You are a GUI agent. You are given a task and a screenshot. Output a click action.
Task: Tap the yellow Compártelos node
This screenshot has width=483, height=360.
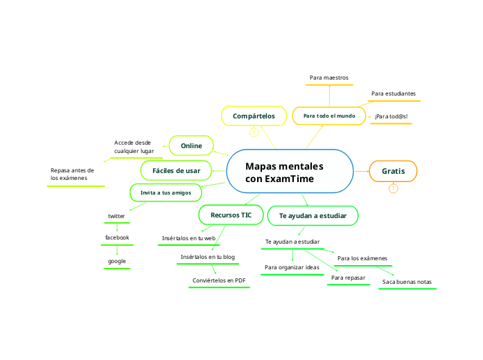click(254, 116)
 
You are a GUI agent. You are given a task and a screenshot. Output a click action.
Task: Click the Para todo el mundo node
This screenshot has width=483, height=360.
click(329, 116)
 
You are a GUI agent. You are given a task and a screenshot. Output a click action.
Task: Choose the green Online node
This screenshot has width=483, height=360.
click(191, 145)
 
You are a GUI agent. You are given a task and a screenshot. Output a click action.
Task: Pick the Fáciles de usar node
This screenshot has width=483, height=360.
click(176, 170)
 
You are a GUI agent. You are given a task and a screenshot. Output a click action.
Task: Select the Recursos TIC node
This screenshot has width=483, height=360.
click(231, 215)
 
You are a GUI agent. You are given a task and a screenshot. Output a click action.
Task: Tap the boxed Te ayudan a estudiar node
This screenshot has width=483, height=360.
click(313, 216)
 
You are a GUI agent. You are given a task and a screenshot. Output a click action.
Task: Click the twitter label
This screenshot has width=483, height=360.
click(116, 217)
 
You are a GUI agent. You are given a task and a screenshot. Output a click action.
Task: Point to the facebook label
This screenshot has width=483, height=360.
click(117, 237)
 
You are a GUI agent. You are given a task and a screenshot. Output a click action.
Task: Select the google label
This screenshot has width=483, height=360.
click(116, 261)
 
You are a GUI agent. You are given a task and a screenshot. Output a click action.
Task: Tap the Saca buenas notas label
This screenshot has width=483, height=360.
click(407, 282)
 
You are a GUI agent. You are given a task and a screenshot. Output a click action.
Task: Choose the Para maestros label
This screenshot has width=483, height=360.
click(329, 78)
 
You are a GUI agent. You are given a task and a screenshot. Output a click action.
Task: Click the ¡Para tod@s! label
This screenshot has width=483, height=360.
click(391, 116)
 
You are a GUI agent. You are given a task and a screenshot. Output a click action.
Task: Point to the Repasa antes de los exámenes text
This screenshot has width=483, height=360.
click(72, 174)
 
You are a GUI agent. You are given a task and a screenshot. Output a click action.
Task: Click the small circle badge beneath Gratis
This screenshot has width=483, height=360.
click(393, 188)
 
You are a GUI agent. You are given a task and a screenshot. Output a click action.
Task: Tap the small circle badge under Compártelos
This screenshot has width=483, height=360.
click(254, 132)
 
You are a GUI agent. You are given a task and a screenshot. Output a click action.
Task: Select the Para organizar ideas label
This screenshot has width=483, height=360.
click(292, 267)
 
